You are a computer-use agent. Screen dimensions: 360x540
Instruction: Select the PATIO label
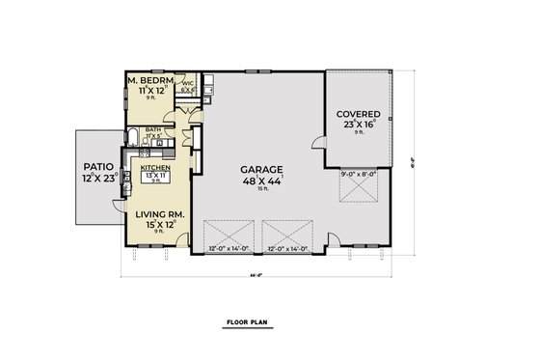pos(96,166)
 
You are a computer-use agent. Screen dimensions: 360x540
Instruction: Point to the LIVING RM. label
pos(158,214)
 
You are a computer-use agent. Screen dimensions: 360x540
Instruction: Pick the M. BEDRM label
pos(150,78)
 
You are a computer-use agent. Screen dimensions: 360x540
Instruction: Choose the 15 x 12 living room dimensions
pos(158,225)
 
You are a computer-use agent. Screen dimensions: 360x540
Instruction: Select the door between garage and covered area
pos(317,145)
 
